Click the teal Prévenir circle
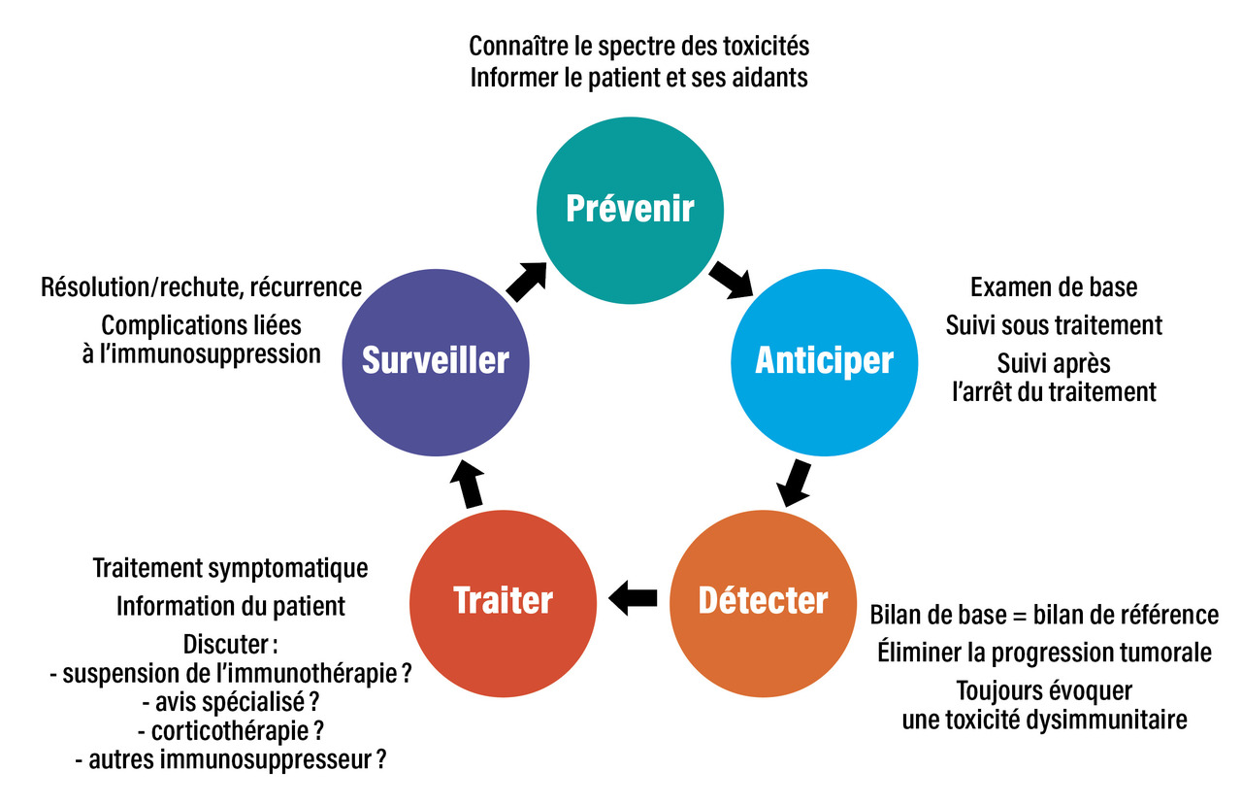point(631,209)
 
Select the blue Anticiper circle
point(823,360)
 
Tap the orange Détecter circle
point(763,600)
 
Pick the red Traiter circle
point(503,600)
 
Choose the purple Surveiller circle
point(436,360)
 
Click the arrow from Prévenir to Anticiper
point(731,280)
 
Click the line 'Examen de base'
point(1054,287)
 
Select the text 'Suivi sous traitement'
point(1054,324)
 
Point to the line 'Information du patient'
point(231,606)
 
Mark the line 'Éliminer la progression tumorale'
point(1044,653)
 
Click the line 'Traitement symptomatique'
point(231,568)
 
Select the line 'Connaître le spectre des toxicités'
point(638,46)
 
